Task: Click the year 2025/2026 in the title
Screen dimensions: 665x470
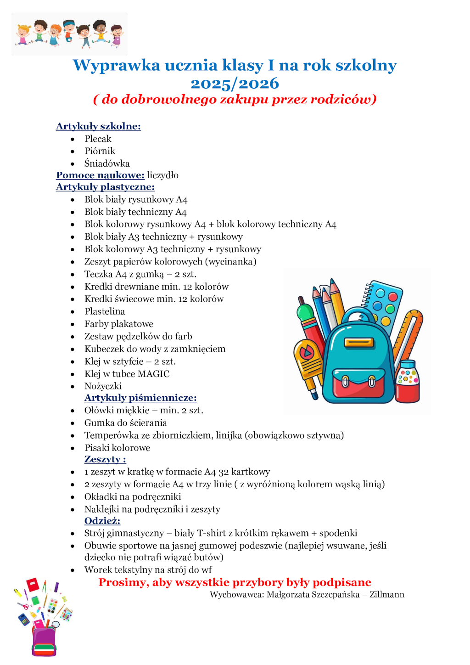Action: pyautogui.click(x=235, y=84)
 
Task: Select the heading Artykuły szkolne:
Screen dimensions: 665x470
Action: pyautogui.click(x=98, y=126)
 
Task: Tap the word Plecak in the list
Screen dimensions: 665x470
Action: pyautogui.click(x=98, y=139)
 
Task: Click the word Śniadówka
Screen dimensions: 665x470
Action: pyautogui.click(x=107, y=163)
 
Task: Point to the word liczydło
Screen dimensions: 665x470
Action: pyautogui.click(x=163, y=175)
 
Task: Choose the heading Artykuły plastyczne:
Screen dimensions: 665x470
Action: pyautogui.click(x=105, y=187)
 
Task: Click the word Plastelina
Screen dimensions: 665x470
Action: pyautogui.click(x=105, y=311)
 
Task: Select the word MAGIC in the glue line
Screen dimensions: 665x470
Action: pyautogui.click(x=154, y=374)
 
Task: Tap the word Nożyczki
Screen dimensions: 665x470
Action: pyautogui.click(x=103, y=386)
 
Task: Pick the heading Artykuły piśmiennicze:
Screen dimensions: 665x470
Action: pyautogui.click(x=140, y=398)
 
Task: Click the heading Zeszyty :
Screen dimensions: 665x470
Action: pyautogui.click(x=105, y=459)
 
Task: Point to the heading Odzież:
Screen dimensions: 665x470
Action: pyautogui.click(x=102, y=521)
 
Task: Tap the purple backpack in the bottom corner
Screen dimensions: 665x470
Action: pyautogui.click(x=44, y=641)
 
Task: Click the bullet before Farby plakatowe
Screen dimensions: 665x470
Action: pyautogui.click(x=73, y=324)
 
